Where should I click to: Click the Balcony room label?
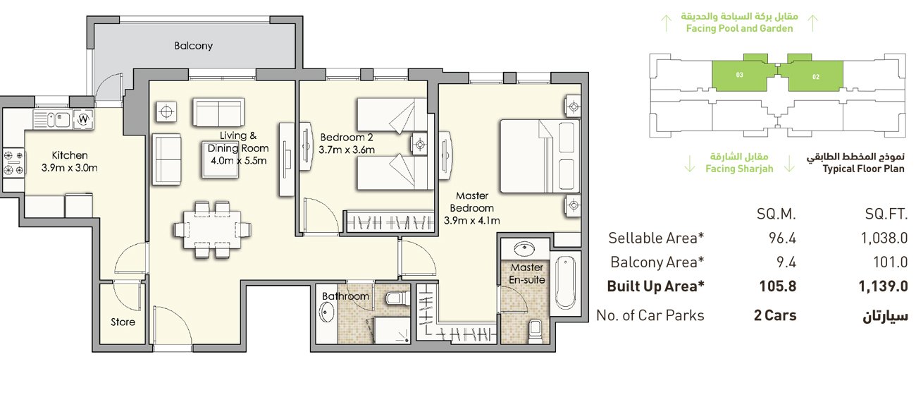click(193, 46)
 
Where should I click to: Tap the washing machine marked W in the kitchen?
click(84, 119)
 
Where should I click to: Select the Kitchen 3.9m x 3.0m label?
click(69, 162)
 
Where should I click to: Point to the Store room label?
click(123, 322)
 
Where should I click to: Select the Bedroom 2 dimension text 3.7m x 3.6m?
click(346, 150)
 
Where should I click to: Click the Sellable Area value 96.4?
click(782, 238)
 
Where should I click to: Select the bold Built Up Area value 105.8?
click(779, 287)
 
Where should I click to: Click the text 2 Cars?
click(774, 315)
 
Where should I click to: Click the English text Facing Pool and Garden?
click(739, 29)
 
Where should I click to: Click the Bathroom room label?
click(345, 296)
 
